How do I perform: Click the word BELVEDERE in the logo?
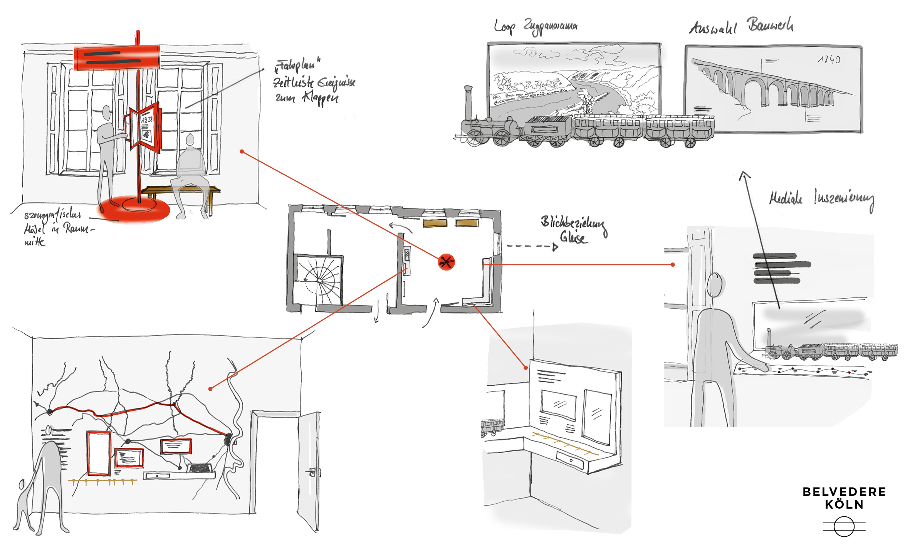point(844,492)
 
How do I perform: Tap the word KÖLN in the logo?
point(844,504)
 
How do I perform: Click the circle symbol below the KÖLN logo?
point(844,526)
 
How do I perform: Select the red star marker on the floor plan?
point(446,262)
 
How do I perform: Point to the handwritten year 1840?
point(829,59)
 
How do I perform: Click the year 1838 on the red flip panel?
point(146,120)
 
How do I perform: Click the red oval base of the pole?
point(135,208)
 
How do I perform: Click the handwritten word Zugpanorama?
point(550,26)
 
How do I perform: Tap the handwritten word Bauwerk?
point(770,25)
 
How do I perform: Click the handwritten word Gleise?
point(574,237)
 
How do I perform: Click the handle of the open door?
point(312,471)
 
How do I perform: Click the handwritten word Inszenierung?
point(844,199)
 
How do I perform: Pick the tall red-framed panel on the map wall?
point(99,453)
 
